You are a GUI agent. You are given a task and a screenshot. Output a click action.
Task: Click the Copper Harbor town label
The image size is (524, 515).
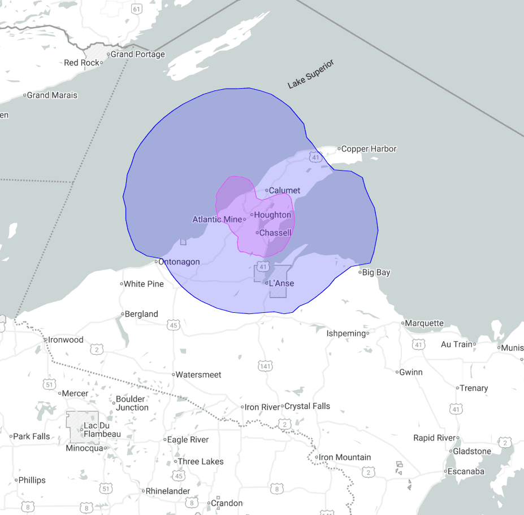(369, 149)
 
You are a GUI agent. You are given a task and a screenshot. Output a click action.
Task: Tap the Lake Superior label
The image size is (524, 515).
(311, 74)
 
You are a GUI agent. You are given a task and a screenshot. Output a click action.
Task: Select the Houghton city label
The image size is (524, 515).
(272, 215)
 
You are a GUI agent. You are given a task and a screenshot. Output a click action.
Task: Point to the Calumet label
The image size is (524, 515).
(284, 190)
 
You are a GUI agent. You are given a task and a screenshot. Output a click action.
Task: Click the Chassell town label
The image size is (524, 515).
(275, 233)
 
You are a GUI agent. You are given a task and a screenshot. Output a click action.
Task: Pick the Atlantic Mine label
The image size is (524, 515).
(216, 220)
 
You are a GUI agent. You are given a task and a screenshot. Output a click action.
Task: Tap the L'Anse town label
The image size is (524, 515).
(282, 283)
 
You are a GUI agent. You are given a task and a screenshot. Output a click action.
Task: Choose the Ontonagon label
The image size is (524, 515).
(179, 262)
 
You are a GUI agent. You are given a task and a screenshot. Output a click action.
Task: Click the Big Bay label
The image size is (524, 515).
(376, 273)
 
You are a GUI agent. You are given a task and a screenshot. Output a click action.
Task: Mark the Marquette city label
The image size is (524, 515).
(425, 324)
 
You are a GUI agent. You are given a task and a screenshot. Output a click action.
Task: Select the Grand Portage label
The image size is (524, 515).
(137, 54)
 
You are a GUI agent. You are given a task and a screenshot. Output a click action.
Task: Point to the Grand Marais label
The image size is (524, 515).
(52, 95)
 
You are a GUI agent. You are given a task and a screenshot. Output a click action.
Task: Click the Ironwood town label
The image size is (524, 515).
(66, 340)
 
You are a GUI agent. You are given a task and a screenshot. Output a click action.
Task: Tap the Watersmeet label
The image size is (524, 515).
(198, 374)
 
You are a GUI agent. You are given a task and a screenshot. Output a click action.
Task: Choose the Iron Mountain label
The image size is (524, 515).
(345, 457)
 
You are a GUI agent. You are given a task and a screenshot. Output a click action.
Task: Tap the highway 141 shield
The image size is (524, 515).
(264, 366)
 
